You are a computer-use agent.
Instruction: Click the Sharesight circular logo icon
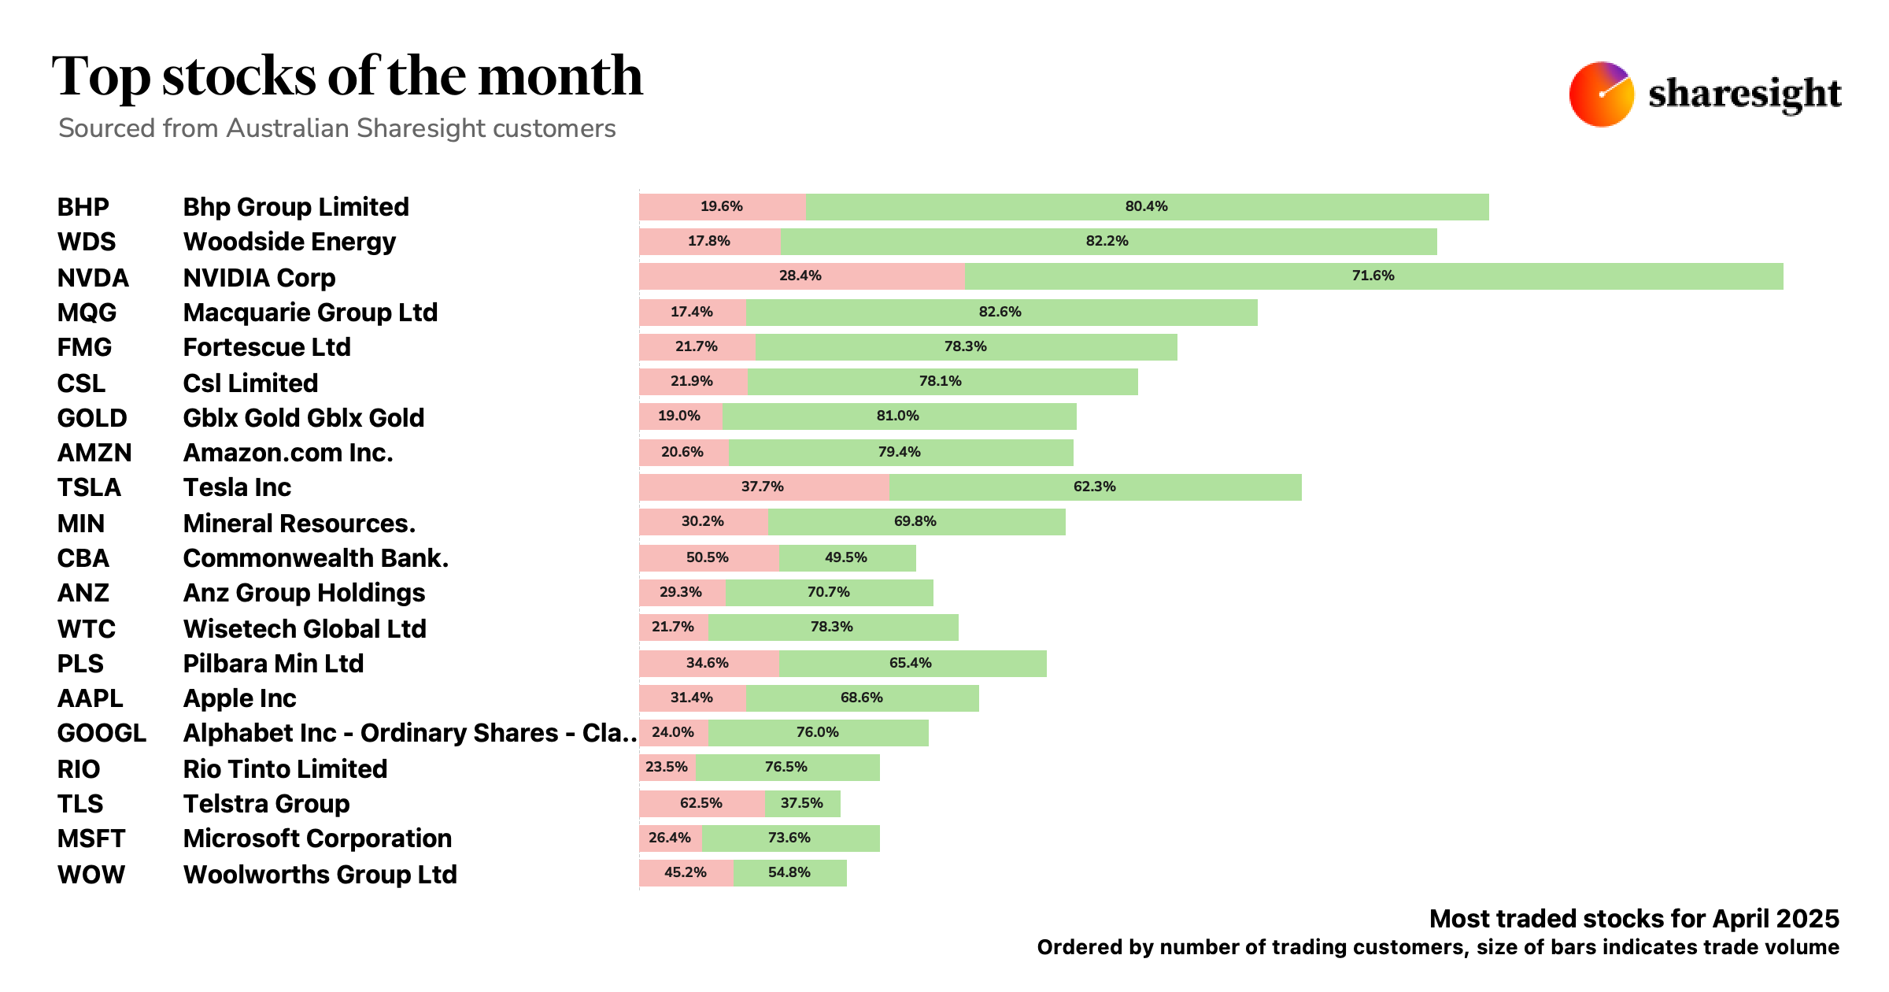[1601, 94]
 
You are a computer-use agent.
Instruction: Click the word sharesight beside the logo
[1744, 94]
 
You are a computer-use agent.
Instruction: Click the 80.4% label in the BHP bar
[1146, 206]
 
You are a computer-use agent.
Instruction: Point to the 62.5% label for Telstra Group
[701, 803]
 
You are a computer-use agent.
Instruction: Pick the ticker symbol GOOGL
[102, 733]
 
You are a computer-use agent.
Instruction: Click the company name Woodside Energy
[289, 242]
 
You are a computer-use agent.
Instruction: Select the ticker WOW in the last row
[91, 875]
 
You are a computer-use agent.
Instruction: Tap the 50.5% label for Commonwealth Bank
[707, 557]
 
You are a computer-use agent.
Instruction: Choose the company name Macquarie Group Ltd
[310, 313]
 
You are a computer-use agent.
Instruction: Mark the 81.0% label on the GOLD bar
[897, 416]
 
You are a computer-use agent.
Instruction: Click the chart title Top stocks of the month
[347, 76]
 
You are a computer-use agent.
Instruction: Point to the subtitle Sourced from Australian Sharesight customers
[337, 128]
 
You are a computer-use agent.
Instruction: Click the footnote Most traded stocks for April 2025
[1633, 919]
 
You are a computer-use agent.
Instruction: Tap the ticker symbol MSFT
[91, 838]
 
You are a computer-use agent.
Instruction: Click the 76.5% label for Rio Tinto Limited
[786, 767]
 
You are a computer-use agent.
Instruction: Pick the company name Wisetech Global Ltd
[305, 629]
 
